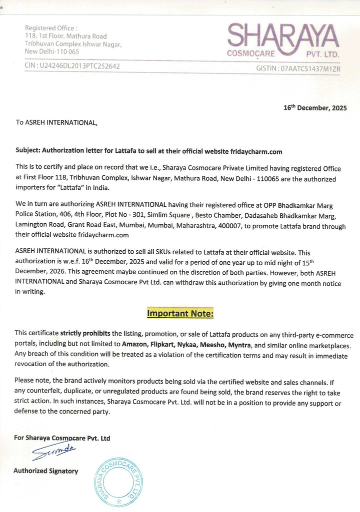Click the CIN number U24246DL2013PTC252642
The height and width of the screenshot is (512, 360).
(x=80, y=66)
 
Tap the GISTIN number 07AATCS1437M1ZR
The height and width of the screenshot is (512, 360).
(x=310, y=67)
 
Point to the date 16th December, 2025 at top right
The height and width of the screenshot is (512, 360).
(x=314, y=107)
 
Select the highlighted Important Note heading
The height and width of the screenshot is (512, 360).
(x=180, y=314)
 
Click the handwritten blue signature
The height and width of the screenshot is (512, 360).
(x=53, y=452)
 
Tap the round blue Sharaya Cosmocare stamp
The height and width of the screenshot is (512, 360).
(x=119, y=482)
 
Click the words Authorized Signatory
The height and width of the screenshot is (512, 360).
(x=45, y=471)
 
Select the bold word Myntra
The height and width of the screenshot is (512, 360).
(x=240, y=345)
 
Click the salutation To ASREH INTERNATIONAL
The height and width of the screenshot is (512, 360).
(x=56, y=122)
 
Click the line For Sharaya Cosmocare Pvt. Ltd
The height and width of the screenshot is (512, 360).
(x=62, y=438)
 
